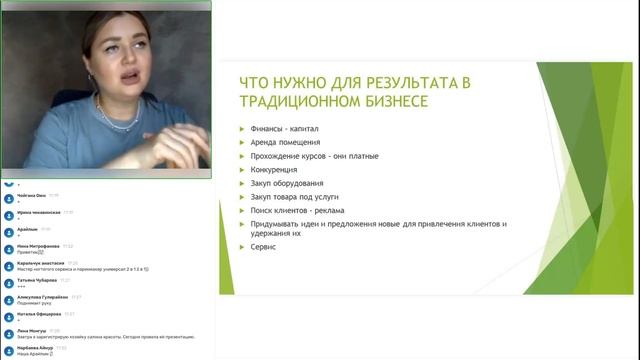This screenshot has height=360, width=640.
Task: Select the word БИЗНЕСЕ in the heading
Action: coord(382,102)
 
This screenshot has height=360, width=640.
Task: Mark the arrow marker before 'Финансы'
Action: coord(242,129)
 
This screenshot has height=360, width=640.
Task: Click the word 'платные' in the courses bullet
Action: coord(382,157)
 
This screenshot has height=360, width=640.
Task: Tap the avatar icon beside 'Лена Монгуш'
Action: coord(8,333)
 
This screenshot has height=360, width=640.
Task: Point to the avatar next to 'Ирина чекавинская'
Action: coord(8,215)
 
